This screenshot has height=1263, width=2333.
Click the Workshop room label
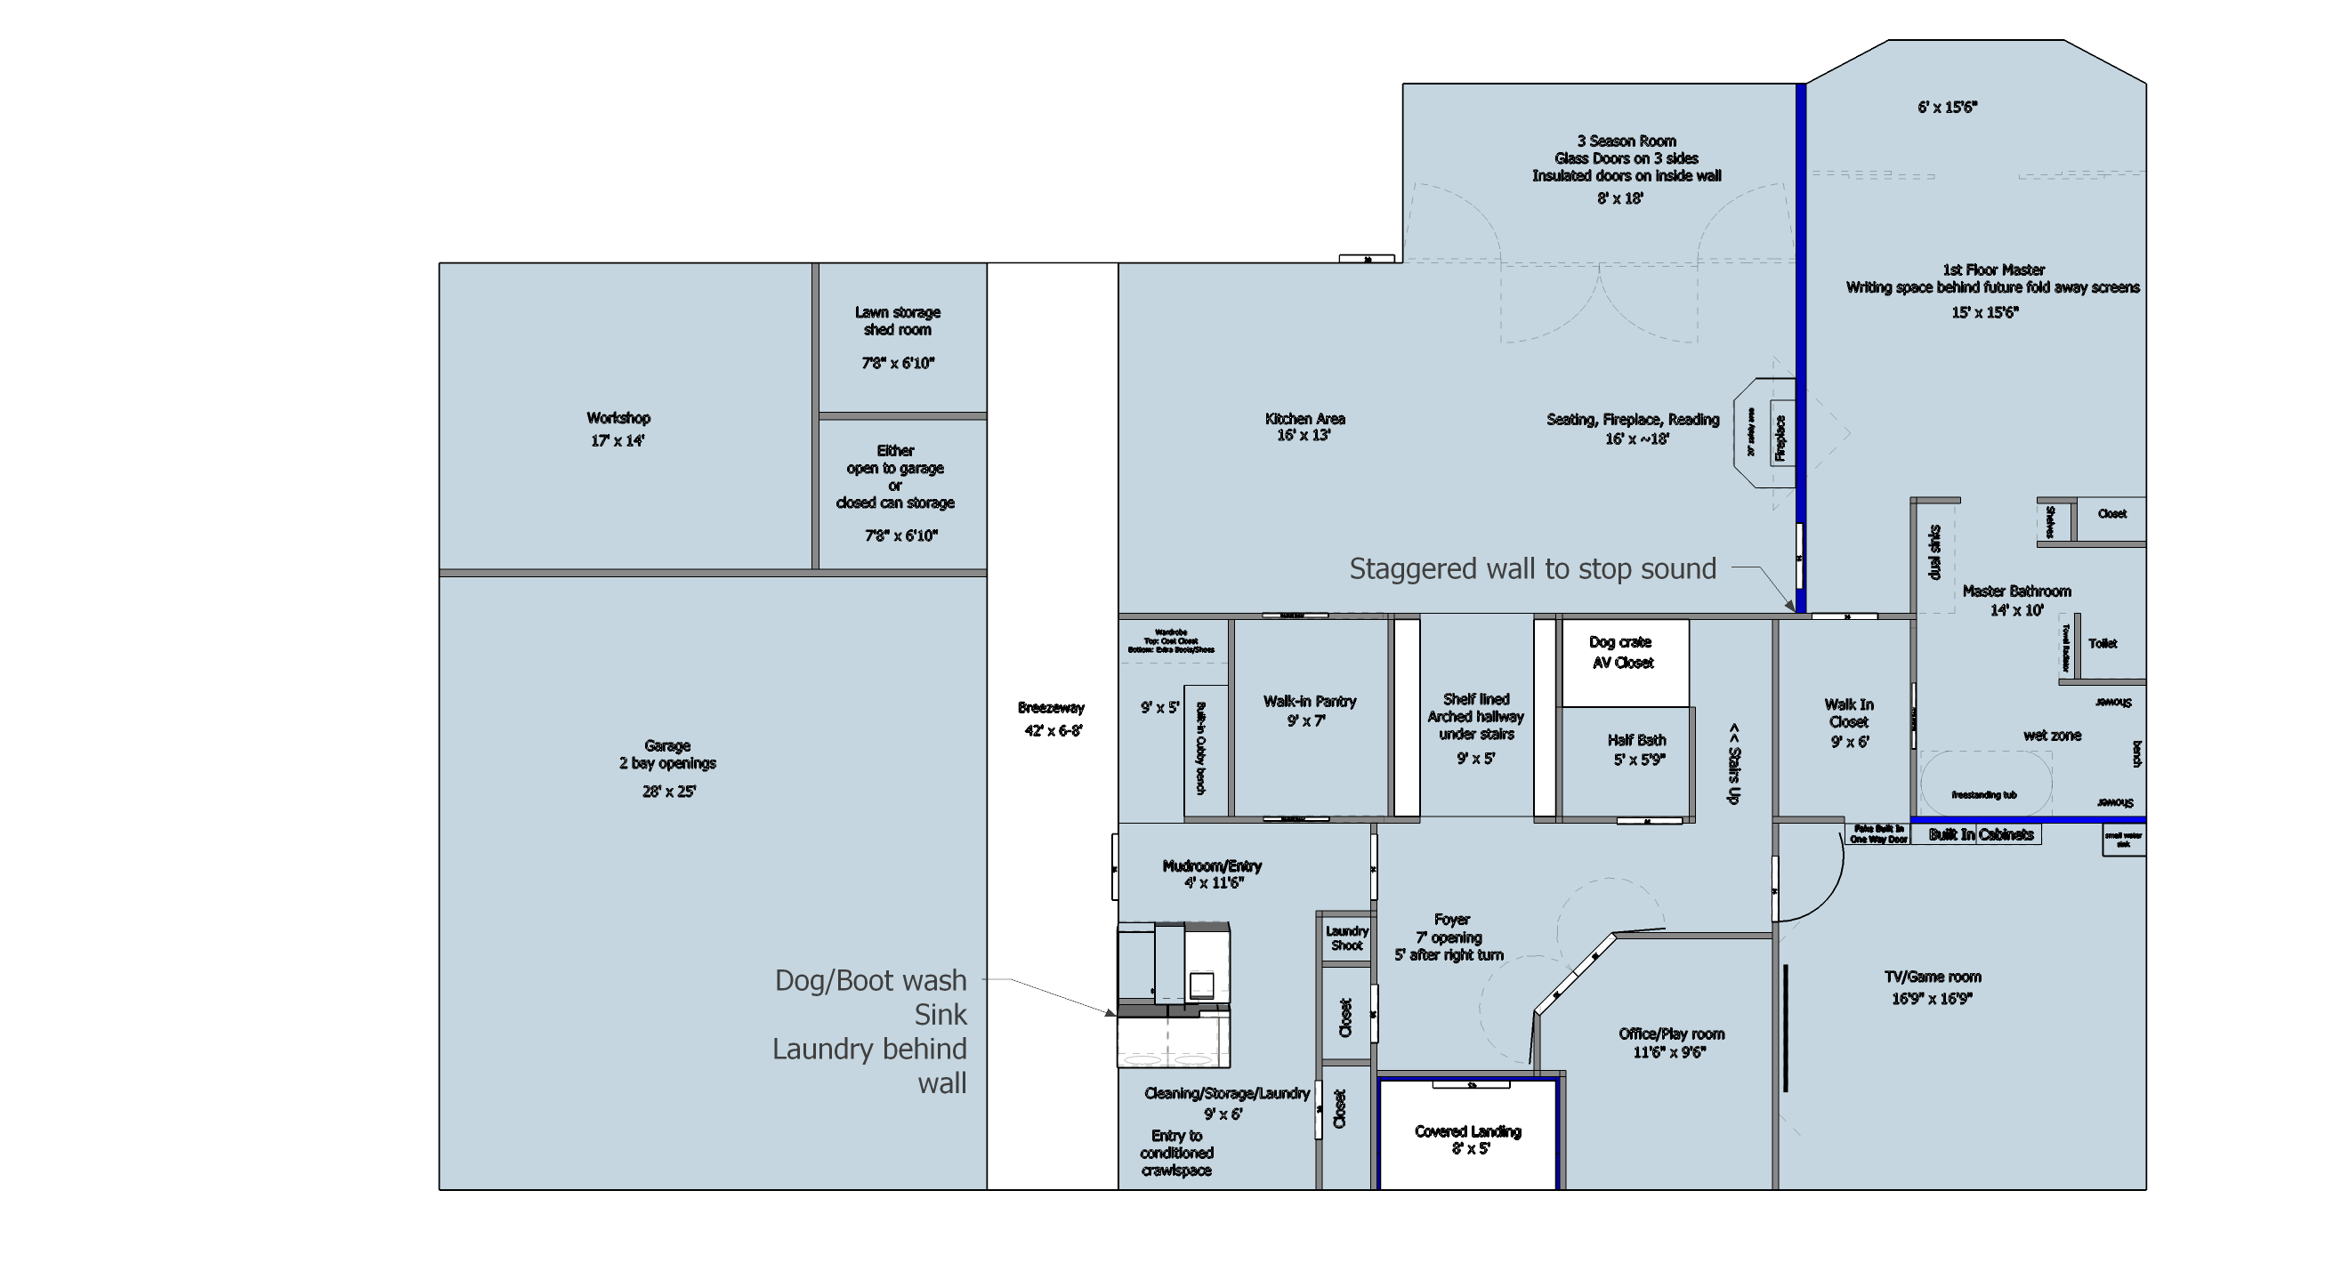pos(618,418)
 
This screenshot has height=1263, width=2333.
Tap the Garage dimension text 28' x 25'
pos(668,792)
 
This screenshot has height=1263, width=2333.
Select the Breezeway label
pos(1051,708)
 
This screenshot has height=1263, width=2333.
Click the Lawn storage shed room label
pos(898,320)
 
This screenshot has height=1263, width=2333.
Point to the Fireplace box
pos(1780,438)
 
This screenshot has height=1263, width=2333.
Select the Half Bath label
pos(1636,740)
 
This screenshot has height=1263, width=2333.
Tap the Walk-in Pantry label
pos(1310,701)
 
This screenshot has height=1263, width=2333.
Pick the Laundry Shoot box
pos(1346,938)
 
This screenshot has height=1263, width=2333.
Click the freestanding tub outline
pos(1984,784)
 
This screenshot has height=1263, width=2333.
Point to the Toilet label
pos(2102,644)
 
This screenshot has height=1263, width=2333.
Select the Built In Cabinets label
pos(1981,835)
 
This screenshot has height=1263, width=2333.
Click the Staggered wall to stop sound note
pos(1532,568)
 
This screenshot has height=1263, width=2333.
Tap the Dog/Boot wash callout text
pos(870,980)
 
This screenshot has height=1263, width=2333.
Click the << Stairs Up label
pos(1733,763)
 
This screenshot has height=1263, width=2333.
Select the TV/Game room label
pos(1933,977)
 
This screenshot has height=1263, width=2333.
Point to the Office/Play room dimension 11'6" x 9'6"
pos(1669,1052)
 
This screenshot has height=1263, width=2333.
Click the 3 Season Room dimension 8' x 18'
pos(1620,198)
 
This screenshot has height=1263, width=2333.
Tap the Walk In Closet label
pos(1848,713)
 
